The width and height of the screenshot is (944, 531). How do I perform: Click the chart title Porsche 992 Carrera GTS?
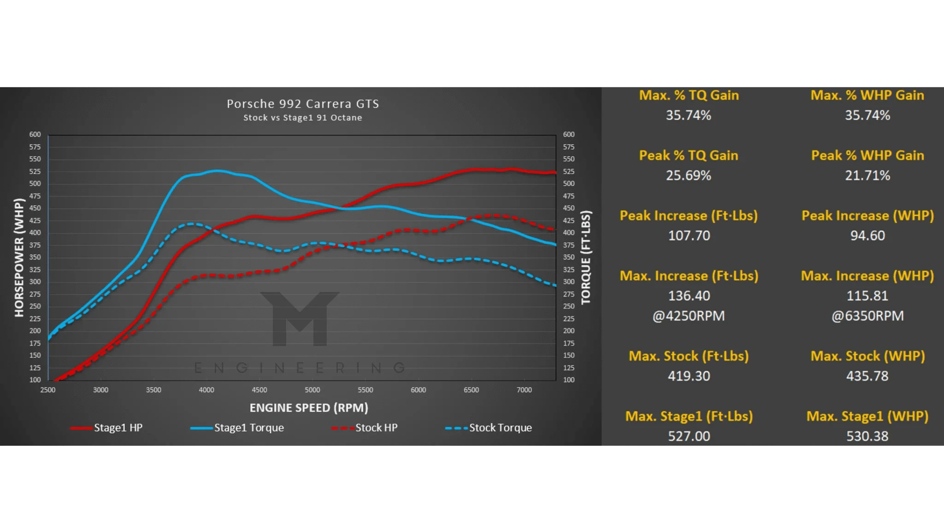tap(303, 104)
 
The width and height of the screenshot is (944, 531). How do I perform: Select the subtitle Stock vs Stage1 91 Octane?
tap(303, 118)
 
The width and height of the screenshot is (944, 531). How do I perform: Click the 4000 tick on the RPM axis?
tap(206, 390)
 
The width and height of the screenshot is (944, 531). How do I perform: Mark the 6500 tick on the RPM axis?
tap(471, 390)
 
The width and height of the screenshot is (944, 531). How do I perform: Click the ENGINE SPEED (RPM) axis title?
tap(309, 408)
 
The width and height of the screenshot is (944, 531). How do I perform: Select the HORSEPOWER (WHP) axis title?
tap(19, 257)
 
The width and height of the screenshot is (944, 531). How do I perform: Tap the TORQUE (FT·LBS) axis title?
tap(586, 257)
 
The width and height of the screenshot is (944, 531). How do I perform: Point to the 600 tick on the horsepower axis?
tap(35, 135)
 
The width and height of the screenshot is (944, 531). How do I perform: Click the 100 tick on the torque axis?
tap(569, 380)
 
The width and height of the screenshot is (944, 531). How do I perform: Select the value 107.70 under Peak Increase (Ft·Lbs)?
tap(689, 236)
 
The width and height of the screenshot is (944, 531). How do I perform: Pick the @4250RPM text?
tap(689, 316)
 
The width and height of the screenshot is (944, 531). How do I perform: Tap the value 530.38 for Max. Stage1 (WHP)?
tap(867, 436)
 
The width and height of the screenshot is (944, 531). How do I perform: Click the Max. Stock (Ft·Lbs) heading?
tap(689, 356)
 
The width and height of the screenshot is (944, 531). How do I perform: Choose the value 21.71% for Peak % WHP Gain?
tap(867, 176)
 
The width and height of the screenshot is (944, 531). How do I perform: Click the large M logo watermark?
tap(300, 318)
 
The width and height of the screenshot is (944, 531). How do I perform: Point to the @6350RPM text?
tap(867, 316)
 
